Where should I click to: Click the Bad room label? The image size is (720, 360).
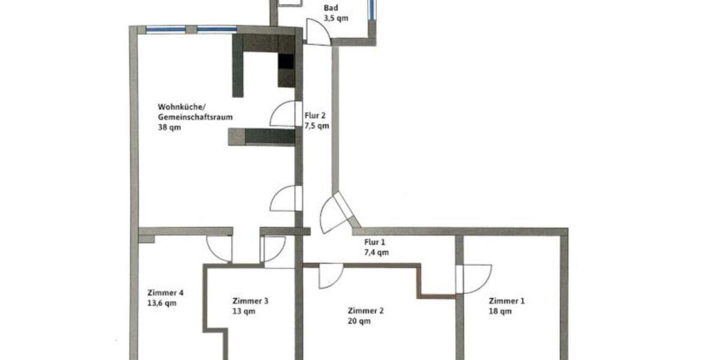[330, 8]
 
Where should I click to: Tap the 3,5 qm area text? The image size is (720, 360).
[335, 19]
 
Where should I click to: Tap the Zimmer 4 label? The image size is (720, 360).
[165, 293]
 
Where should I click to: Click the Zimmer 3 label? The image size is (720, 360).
[250, 301]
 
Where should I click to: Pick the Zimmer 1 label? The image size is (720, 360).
[506, 301]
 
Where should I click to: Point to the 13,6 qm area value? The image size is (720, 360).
[162, 303]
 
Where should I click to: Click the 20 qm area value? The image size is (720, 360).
[359, 320]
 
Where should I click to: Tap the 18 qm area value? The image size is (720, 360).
[500, 311]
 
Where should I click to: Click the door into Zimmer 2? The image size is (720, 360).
[329, 275]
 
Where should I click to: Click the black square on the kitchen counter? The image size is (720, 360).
[286, 62]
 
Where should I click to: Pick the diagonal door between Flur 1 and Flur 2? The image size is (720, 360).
[336, 213]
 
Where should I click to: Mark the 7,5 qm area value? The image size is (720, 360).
[317, 126]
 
